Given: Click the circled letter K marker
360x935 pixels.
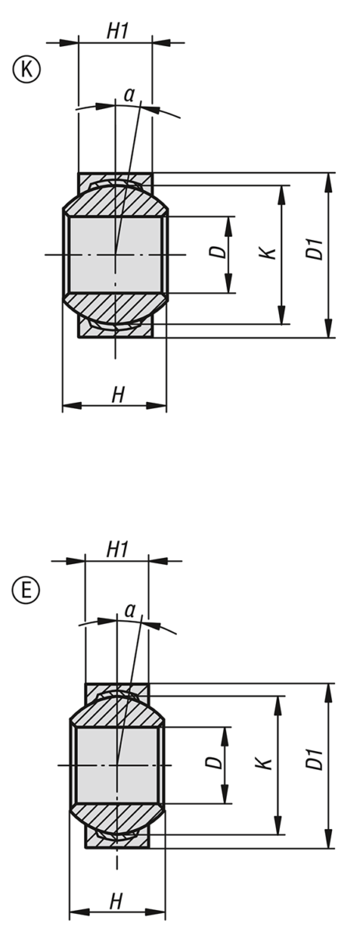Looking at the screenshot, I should click(24, 69).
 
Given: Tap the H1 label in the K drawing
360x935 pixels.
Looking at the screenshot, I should click(117, 31).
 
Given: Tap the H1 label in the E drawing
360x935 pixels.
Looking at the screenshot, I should click(117, 549).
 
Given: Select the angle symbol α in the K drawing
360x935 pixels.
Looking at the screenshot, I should click(129, 95).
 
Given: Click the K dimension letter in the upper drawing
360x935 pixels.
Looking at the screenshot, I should click(268, 252).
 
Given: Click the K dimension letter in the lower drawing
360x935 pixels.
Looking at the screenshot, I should click(267, 764).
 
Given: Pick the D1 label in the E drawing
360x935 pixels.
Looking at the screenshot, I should click(315, 761).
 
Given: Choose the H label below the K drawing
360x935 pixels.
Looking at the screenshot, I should click(118, 395).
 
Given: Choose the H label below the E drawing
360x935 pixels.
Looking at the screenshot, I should click(116, 901).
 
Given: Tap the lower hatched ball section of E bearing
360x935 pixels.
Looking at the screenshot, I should click(117, 818).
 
